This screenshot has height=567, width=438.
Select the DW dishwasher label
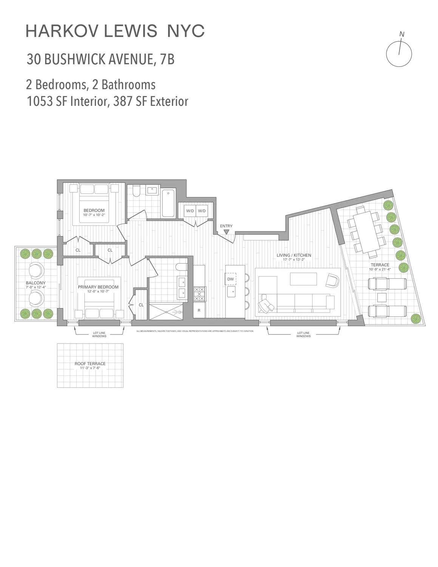pos(231,279)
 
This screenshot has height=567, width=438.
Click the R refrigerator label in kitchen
pos(199,310)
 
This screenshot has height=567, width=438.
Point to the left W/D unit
pos(189,211)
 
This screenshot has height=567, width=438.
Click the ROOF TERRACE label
pos(90,364)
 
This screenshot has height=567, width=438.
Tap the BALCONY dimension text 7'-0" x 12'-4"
pos(36,287)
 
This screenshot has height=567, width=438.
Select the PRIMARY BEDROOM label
pos(98,287)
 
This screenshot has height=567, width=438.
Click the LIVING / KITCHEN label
pos(294,256)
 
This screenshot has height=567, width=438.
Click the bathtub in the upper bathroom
pos(168,203)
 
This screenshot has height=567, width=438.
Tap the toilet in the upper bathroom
pos(137,190)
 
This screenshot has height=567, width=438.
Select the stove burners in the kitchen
pos(200,294)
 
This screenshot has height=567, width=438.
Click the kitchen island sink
pos(231,290)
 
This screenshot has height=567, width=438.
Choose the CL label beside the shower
pos(141,305)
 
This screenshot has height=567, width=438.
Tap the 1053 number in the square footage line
pos(39,101)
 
